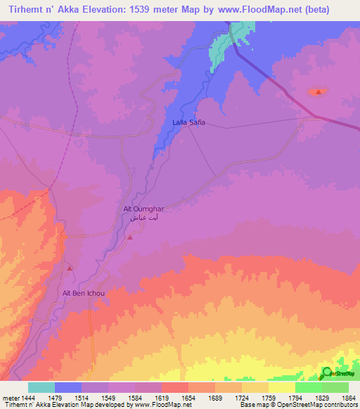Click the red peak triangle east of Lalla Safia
(x=319, y=92)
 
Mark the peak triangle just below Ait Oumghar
(x=130, y=238)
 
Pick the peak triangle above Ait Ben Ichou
(x=69, y=268)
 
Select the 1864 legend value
(x=349, y=398)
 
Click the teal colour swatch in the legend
(x=41, y=387)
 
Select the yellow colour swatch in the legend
(x=281, y=387)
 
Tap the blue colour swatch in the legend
(x=68, y=387)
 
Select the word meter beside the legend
(x=11, y=398)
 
